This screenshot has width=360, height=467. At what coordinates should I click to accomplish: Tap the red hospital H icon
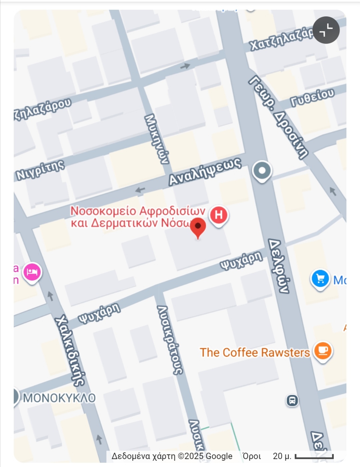[219, 215]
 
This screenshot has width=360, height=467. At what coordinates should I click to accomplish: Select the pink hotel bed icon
[32, 273]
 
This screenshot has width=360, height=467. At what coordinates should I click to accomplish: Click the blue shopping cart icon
[320, 279]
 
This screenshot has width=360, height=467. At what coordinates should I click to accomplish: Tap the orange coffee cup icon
[323, 351]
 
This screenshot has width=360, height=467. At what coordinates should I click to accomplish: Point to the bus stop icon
[292, 400]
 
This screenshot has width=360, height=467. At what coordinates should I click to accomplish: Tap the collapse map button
[326, 30]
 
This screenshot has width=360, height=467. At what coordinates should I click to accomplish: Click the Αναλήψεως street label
[205, 171]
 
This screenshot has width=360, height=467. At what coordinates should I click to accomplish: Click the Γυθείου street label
[312, 97]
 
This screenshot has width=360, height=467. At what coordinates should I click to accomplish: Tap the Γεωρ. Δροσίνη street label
[279, 117]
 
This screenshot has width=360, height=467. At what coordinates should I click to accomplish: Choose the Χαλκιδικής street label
[70, 350]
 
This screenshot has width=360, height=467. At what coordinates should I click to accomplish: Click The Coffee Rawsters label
[255, 353]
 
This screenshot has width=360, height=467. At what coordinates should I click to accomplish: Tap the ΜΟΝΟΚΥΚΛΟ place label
[59, 398]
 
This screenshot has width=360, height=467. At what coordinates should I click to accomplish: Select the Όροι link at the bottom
[252, 456]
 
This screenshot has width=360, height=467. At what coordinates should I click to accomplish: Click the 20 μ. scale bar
[314, 456]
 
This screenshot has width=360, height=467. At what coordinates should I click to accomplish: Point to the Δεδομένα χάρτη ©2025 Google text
[172, 456]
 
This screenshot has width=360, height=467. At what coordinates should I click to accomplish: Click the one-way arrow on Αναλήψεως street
[140, 190]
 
